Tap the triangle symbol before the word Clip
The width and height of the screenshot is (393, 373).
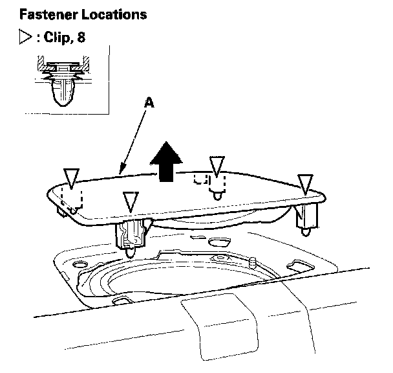click(27, 38)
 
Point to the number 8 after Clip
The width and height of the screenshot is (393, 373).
click(81, 38)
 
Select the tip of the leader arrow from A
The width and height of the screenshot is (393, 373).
click(120, 174)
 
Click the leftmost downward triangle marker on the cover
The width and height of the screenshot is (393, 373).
click(71, 176)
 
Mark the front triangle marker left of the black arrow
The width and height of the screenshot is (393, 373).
click(131, 201)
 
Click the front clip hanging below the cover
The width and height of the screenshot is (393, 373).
click(130, 236)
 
